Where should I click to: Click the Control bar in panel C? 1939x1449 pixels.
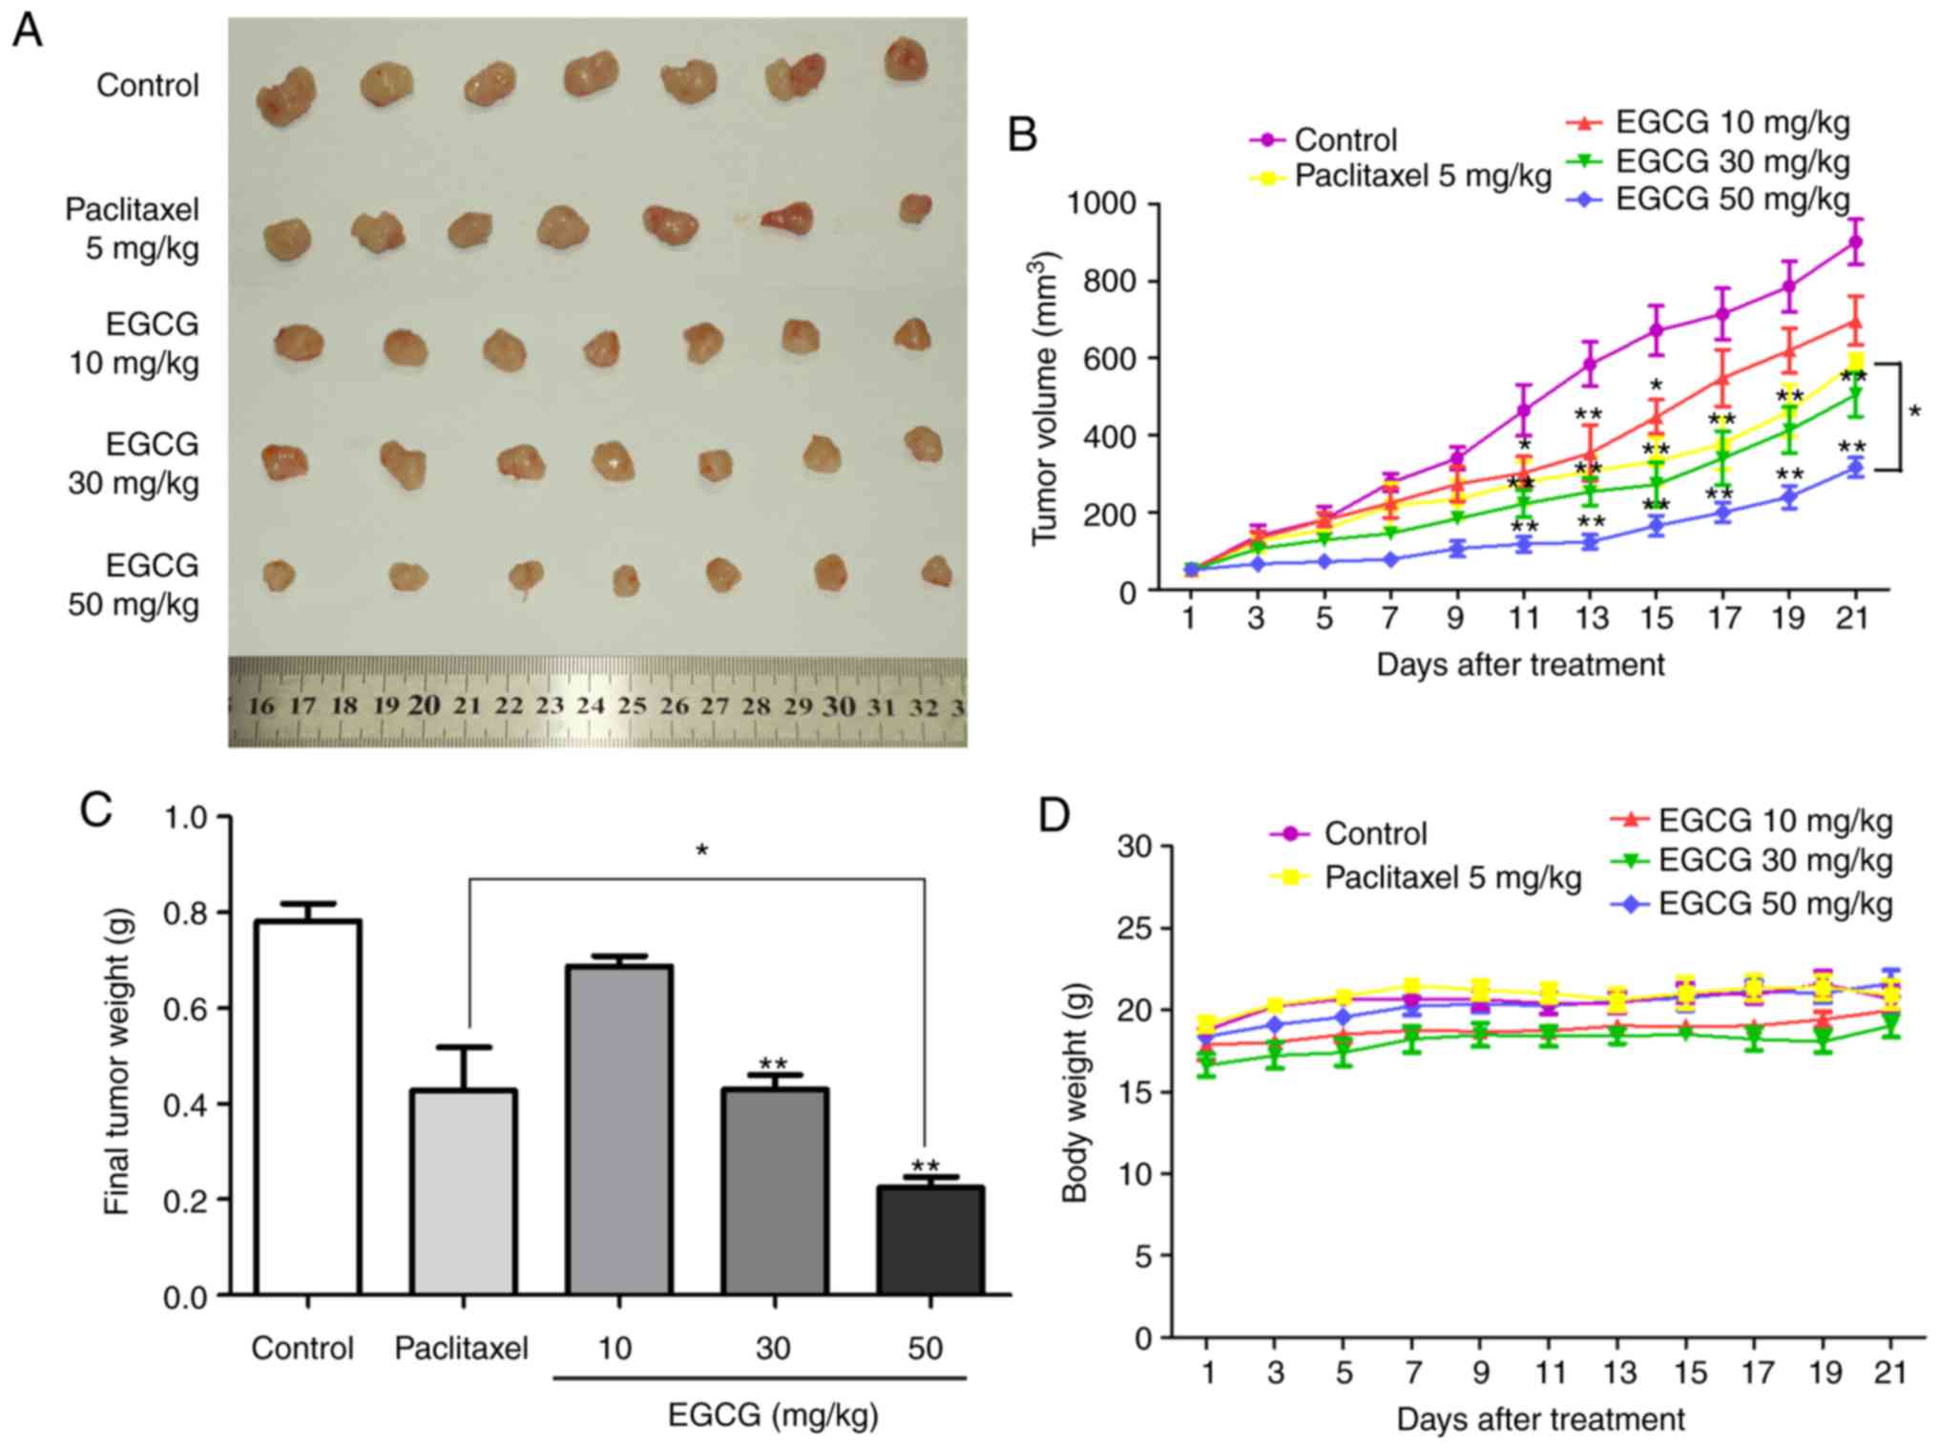click(x=307, y=1107)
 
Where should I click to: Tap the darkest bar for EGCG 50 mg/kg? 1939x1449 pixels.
click(x=930, y=1240)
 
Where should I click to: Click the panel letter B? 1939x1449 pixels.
click(x=1023, y=136)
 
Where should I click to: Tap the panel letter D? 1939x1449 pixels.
click(x=1053, y=817)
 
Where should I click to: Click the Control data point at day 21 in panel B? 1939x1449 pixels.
click(x=1854, y=241)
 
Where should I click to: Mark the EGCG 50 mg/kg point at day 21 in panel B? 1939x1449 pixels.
click(x=1854, y=467)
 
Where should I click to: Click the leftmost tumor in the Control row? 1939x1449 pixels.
click(x=285, y=95)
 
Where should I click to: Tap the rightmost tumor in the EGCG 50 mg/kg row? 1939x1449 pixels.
click(x=936, y=571)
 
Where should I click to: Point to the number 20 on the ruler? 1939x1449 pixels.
click(x=425, y=705)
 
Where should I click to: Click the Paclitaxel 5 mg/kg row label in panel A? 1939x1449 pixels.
click(x=133, y=229)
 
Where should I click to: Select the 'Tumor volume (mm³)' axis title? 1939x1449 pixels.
click(x=1047, y=398)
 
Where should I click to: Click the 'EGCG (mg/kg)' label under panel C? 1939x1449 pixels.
click(x=772, y=1415)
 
